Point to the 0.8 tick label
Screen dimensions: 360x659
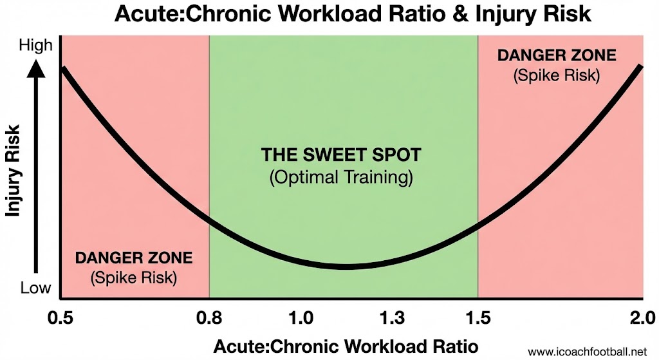pos(209,317)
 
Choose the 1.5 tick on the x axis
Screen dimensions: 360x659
pos(478,317)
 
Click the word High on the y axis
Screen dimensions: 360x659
pos(35,46)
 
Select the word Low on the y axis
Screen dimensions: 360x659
pos(35,288)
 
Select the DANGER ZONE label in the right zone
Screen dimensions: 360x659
pos(557,55)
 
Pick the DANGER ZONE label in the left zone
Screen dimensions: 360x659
pos(134,258)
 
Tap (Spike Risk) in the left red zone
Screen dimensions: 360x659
pos(134,278)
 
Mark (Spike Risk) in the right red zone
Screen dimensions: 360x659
pos(557,75)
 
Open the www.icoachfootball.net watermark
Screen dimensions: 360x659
pos(591,352)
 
